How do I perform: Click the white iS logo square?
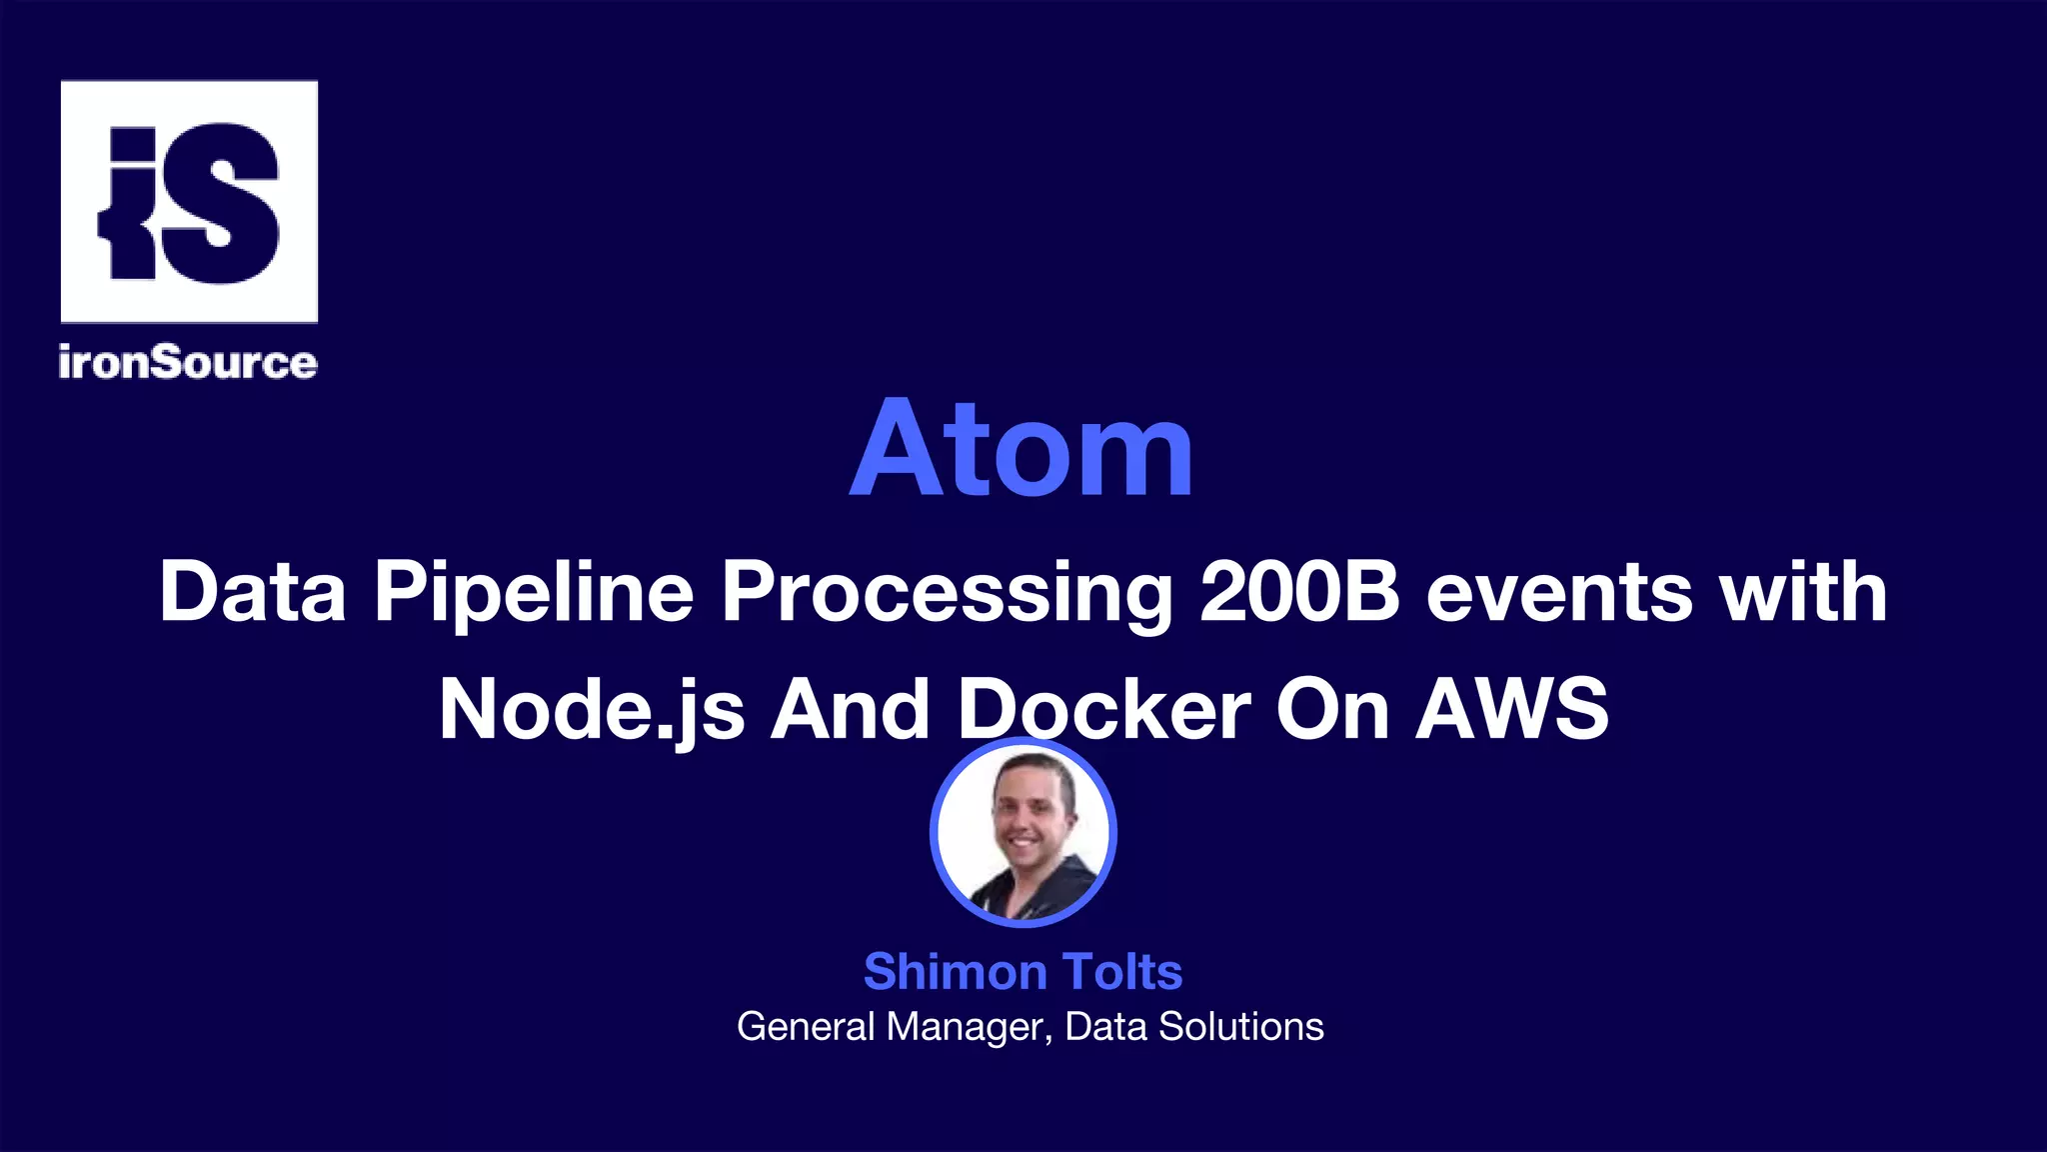pyautogui.click(x=189, y=201)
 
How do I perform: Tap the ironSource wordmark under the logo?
pyautogui.click(x=188, y=362)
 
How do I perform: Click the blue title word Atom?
pyautogui.click(x=1022, y=449)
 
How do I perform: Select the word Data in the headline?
pyautogui.click(x=253, y=592)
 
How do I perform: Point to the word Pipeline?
pyautogui.click(x=534, y=592)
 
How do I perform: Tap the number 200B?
pyautogui.click(x=1299, y=592)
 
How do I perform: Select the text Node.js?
pyautogui.click(x=592, y=710)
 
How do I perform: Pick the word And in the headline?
pyautogui.click(x=850, y=709)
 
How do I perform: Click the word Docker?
pyautogui.click(x=1104, y=709)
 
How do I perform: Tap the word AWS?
pyautogui.click(x=1511, y=709)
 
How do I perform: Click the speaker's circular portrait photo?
pyautogui.click(x=1023, y=832)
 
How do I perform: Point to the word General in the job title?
pyautogui.click(x=806, y=1027)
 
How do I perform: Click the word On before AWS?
pyautogui.click(x=1332, y=709)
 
